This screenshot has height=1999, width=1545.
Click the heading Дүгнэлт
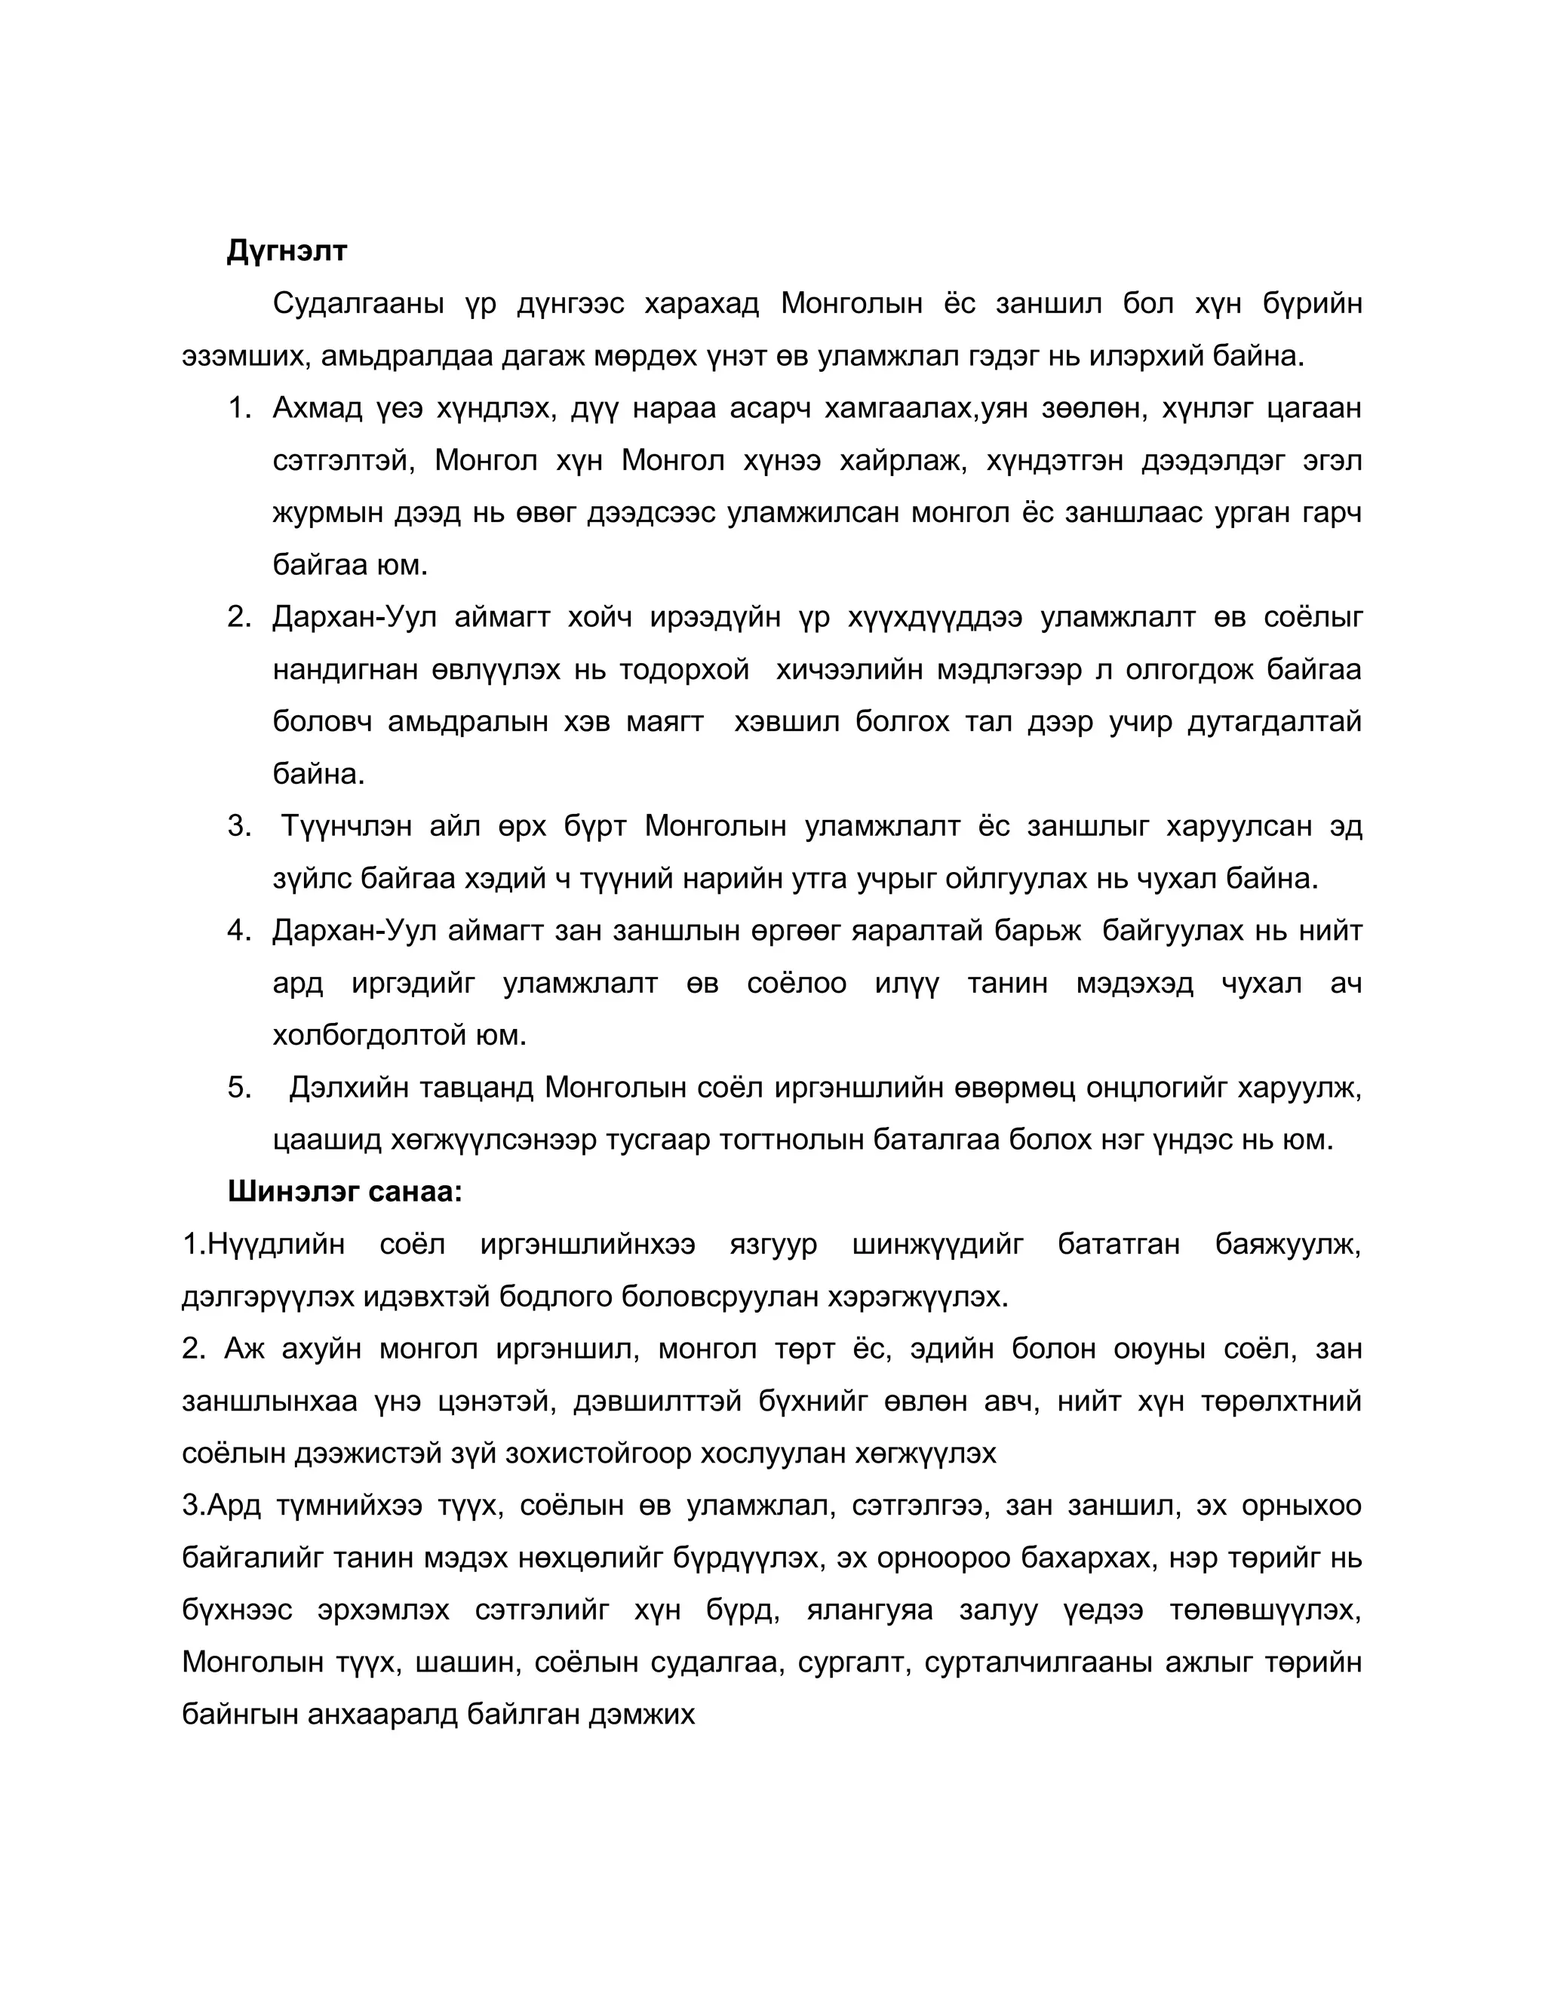point(287,250)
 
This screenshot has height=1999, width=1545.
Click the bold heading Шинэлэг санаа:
point(344,1192)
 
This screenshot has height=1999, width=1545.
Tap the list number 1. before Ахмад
point(239,408)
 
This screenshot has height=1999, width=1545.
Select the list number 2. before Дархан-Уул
point(239,618)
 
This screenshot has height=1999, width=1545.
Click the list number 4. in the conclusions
point(239,931)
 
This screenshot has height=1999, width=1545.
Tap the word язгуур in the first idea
point(773,1245)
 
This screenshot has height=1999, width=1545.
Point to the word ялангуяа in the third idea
point(870,1610)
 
